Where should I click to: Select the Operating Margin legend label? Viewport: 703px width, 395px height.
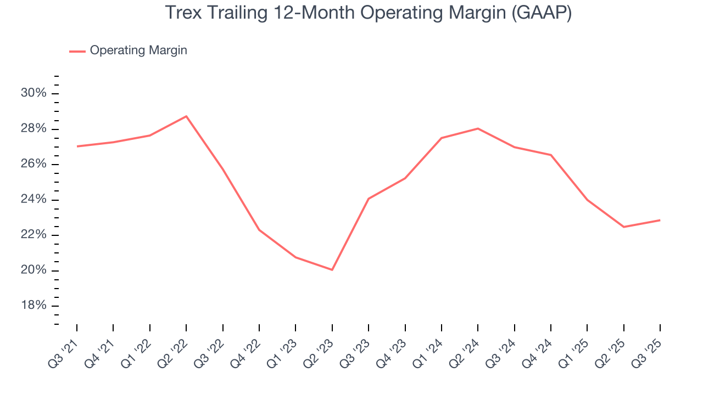point(138,50)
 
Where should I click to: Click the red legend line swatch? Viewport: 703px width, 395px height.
point(77,51)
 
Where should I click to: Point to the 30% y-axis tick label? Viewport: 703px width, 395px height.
point(34,93)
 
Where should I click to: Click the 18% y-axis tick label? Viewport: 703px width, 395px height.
point(34,306)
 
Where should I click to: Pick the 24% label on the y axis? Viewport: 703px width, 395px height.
point(34,200)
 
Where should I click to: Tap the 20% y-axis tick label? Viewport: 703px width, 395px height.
point(34,270)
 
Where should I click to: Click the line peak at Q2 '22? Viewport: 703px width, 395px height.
point(186,116)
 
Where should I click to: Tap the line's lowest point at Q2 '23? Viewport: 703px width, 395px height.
point(332,269)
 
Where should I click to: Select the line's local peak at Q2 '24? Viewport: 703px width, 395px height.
point(478,128)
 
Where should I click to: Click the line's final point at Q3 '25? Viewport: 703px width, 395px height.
point(660,220)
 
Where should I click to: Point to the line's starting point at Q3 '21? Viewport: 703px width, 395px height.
point(77,146)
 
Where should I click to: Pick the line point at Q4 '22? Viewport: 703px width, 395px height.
point(259,230)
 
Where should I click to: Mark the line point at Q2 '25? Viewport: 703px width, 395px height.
point(623,227)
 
